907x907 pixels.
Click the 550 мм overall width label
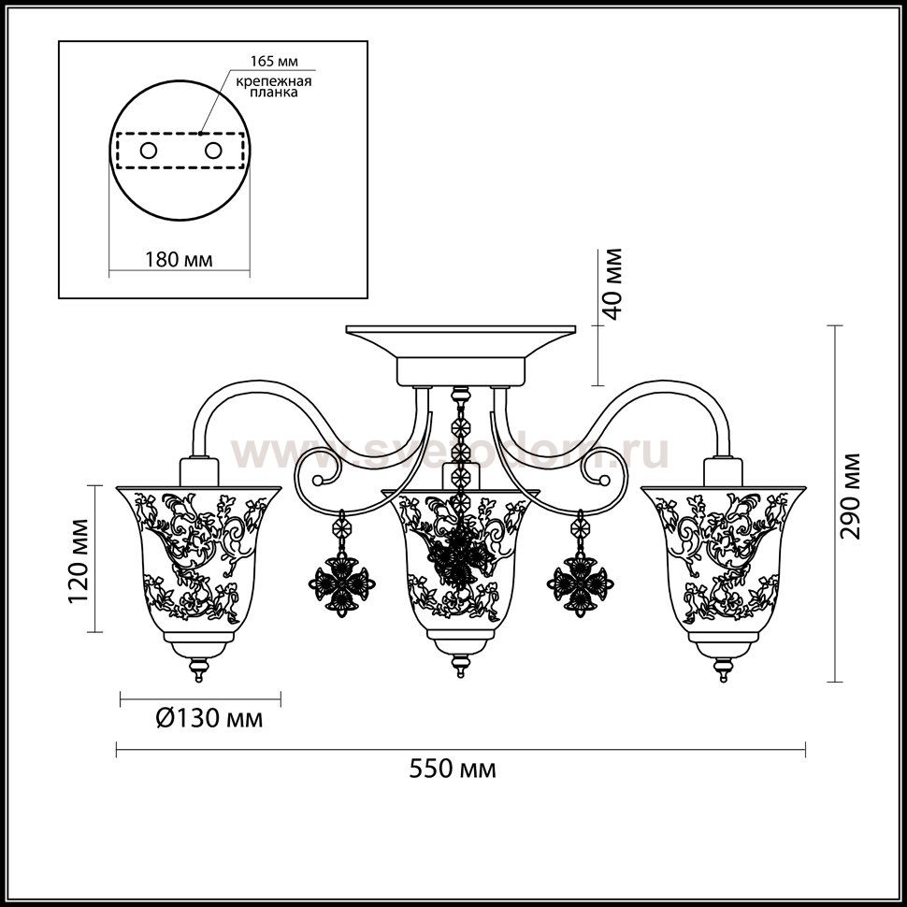[x=453, y=769]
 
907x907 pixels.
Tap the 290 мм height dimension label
[x=850, y=496]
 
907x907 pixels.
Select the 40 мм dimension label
[x=612, y=283]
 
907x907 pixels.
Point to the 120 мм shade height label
[x=79, y=561]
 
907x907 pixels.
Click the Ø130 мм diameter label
[x=210, y=718]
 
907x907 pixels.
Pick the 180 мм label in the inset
[x=179, y=259]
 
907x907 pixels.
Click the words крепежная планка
[x=274, y=86]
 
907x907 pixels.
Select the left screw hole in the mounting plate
[x=148, y=151]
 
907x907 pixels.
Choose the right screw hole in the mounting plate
[x=213, y=151]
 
